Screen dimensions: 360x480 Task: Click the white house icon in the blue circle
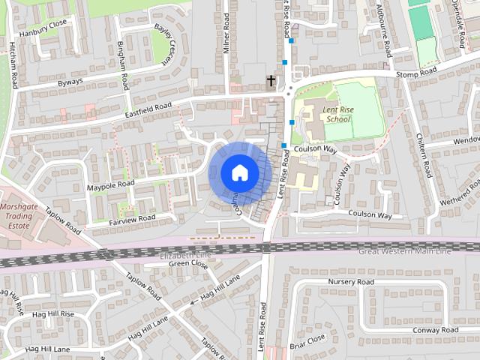coord(238,172)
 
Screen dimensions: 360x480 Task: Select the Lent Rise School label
coord(337,114)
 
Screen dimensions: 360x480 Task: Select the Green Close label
coord(187,264)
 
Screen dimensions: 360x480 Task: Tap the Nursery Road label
coord(350,282)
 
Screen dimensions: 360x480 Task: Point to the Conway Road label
coord(435,330)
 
